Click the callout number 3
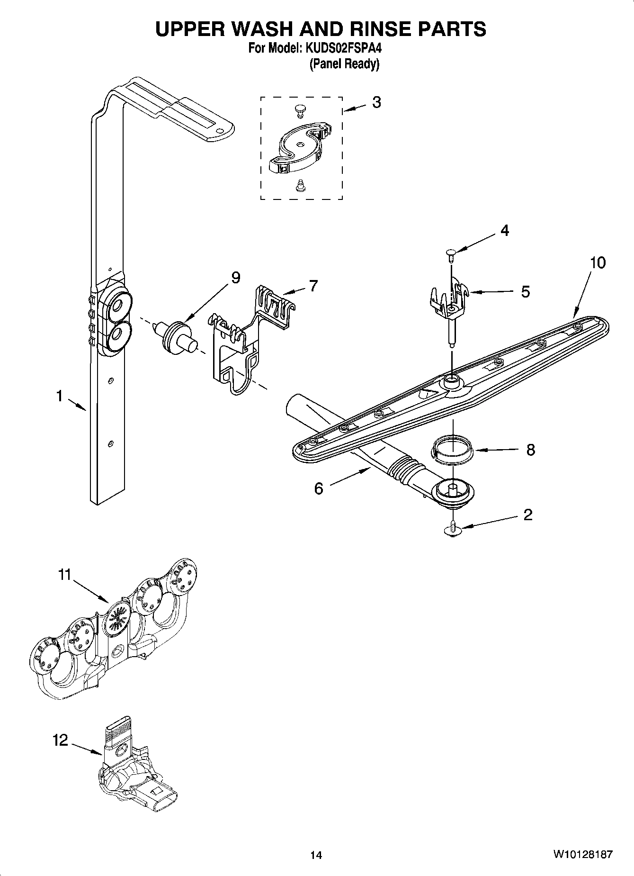tap(376, 102)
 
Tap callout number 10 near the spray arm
tap(598, 262)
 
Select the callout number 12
tap(60, 740)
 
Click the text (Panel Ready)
tap(344, 64)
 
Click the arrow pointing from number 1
tap(77, 405)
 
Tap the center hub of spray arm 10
tap(451, 379)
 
